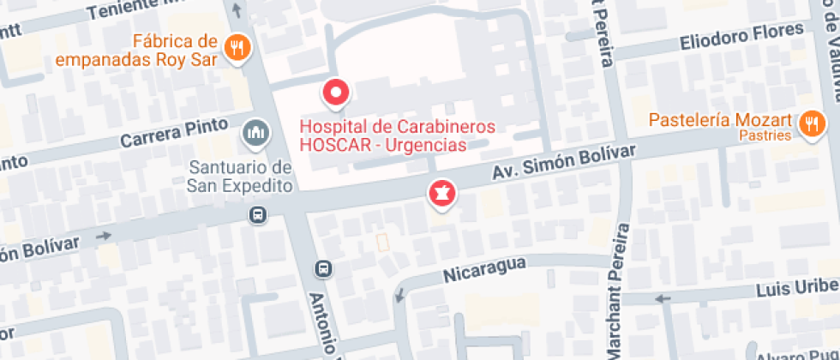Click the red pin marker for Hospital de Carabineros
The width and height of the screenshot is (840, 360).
(335, 92)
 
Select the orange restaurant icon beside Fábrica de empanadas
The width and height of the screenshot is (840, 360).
(237, 47)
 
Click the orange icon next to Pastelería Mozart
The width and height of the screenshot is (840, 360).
(809, 125)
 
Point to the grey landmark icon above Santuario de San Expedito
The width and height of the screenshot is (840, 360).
(255, 133)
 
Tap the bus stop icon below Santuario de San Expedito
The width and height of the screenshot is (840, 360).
(256, 214)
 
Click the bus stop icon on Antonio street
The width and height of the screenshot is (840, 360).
(323, 268)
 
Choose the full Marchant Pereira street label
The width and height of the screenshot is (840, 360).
(619, 291)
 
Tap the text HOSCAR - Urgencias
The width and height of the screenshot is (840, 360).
(383, 145)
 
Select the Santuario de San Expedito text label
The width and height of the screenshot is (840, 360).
(242, 175)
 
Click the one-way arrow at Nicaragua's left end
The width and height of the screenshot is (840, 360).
(398, 296)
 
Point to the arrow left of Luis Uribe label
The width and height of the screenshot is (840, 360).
(661, 298)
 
